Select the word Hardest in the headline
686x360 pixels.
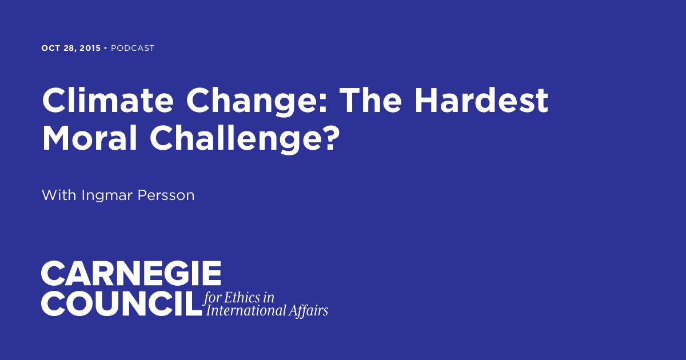481,102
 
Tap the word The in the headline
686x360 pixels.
374,102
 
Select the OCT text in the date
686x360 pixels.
50,49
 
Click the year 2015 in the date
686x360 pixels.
89,49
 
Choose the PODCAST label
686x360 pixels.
133,49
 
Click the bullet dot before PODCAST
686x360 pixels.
106,49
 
